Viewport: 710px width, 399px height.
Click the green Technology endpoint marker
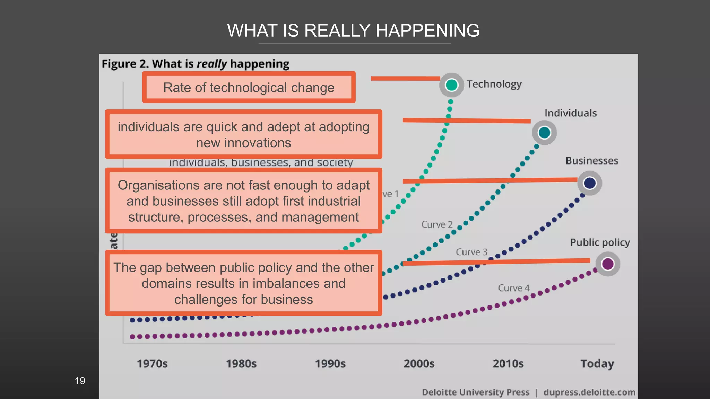[x=451, y=85]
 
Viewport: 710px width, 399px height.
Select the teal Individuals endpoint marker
[x=544, y=132]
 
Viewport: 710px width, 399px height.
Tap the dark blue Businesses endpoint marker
[x=589, y=183]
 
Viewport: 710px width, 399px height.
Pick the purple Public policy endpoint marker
[x=607, y=264]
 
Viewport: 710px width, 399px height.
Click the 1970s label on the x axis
[x=152, y=364]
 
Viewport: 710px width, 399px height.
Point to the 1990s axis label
[x=330, y=364]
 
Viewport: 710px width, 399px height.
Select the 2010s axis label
[x=508, y=364]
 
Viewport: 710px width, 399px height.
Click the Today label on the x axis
[x=597, y=364]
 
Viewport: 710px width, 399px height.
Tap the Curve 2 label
[x=437, y=224]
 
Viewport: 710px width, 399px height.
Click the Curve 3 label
[x=471, y=252]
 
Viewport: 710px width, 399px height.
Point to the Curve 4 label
[x=513, y=288]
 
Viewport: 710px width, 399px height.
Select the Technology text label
[x=494, y=84]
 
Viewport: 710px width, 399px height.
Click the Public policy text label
[x=600, y=242]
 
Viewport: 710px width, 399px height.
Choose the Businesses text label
[x=592, y=161]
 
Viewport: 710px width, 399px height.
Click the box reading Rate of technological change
[x=249, y=87]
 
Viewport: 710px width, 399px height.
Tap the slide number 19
[x=80, y=381]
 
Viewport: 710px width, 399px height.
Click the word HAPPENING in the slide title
[x=427, y=30]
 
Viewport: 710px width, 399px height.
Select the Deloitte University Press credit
[x=476, y=392]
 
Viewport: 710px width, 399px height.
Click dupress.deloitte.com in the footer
[x=589, y=392]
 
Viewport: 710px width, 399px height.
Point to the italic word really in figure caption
[x=211, y=64]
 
